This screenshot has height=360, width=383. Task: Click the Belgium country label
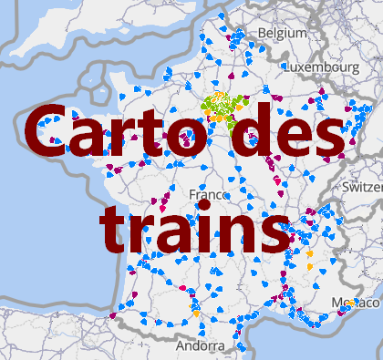[283, 33]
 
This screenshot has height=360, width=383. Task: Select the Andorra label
[198, 347]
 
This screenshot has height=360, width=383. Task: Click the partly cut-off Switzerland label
[362, 187]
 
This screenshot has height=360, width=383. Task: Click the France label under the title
[208, 195]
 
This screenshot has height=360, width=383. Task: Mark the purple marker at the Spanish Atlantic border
[113, 315]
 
